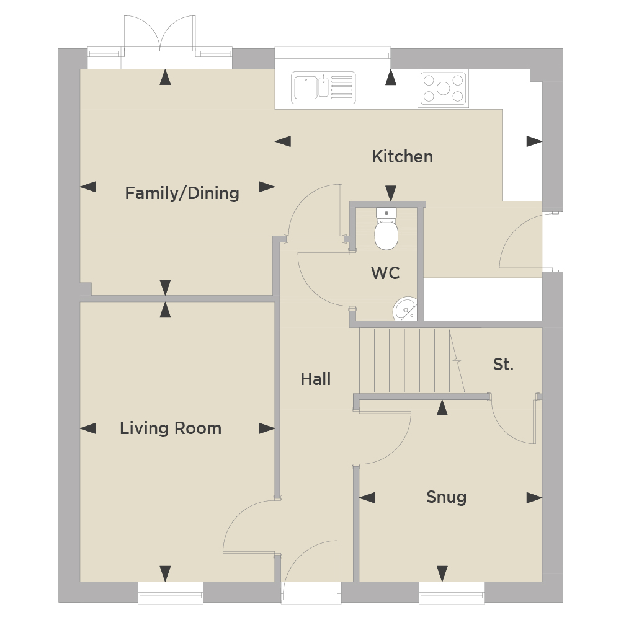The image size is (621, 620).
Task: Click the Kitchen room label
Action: (402, 157)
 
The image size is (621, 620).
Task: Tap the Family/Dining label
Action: (182, 193)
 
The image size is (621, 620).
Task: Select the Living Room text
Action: (171, 428)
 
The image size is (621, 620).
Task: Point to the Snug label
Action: (446, 497)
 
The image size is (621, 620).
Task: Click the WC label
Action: (385, 273)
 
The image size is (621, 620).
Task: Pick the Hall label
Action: (316, 379)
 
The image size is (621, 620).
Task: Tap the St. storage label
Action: (503, 364)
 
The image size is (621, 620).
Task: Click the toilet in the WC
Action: (386, 229)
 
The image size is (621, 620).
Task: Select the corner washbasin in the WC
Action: (405, 308)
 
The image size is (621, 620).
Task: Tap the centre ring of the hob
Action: (443, 88)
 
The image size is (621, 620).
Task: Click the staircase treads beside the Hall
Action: (412, 360)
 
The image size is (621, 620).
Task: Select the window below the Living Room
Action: (171, 593)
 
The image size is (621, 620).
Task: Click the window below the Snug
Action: (452, 593)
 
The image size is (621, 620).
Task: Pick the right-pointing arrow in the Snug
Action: (534, 498)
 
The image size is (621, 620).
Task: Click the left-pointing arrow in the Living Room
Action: (88, 428)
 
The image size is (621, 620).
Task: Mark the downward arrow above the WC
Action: (391, 193)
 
